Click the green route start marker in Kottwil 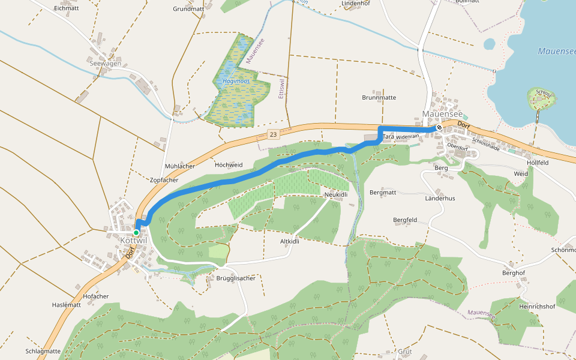tap(136, 232)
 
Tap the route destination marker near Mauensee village tap(439, 127)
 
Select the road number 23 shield tap(273, 135)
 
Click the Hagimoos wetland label tap(236, 80)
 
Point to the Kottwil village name tap(134, 241)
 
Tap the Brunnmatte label tap(379, 97)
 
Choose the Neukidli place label tap(336, 194)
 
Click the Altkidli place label tap(289, 241)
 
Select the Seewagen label tap(105, 64)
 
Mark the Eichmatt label tap(66, 8)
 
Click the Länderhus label tap(440, 198)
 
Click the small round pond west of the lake tap(490, 44)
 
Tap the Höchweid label tap(229, 164)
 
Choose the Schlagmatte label tap(43, 351)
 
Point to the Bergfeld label tap(405, 220)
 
